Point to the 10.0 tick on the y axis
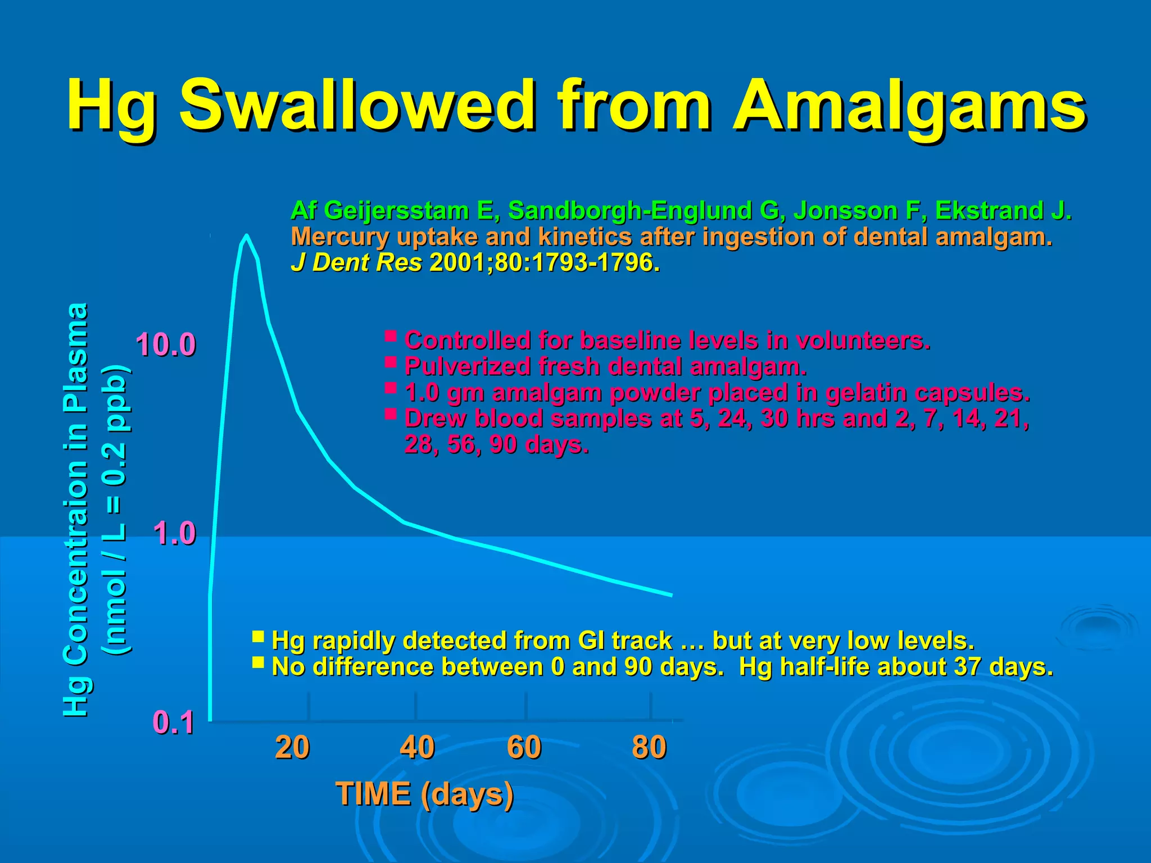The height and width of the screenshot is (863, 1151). pos(166,344)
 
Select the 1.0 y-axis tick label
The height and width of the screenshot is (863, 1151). pos(174,533)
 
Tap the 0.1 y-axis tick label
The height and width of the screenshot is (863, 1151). pos(174,723)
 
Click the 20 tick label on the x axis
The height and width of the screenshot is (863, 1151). pos(292,748)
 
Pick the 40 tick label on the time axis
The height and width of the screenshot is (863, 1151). pos(417,748)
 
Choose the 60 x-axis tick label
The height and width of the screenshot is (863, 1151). pos(524,748)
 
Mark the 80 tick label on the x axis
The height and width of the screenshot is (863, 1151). pos(649,748)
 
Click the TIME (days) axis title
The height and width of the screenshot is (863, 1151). pos(424,794)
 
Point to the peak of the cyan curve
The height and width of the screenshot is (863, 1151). pos(246,236)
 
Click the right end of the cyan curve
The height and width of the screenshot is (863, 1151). pos(671,594)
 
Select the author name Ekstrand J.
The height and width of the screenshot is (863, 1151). pos(1003,211)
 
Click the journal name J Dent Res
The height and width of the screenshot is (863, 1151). pos(356,262)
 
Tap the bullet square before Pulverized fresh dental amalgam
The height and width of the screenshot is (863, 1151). pos(391,362)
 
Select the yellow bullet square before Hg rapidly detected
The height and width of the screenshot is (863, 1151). pos(258,637)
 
